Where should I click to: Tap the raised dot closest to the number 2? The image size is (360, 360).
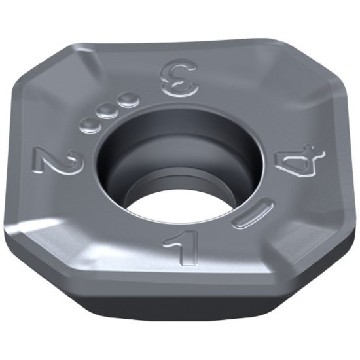coord(86,123)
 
